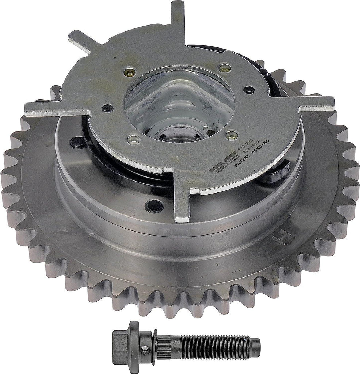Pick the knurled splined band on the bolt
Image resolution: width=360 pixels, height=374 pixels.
(162, 343)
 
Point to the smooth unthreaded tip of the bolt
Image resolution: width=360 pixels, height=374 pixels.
(255, 343)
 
